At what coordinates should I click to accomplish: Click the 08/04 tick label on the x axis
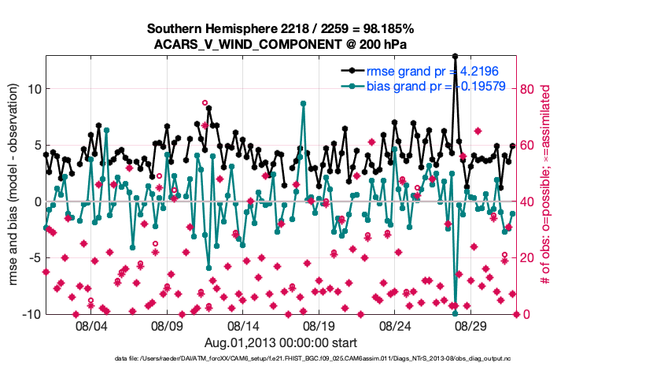pos(90,325)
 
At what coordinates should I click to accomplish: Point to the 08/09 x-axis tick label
pos(168,325)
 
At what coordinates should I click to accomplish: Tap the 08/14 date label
pos(244,325)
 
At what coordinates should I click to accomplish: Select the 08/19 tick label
pos(320,325)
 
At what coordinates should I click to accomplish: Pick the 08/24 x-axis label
pos(397,325)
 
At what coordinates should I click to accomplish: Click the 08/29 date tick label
pos(473,325)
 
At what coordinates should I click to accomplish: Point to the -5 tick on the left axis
pos(33,258)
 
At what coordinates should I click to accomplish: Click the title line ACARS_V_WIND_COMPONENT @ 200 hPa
pos(281,44)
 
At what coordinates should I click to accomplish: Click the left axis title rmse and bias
pos(13,185)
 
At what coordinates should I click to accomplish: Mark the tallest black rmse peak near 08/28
pos(455,56)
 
